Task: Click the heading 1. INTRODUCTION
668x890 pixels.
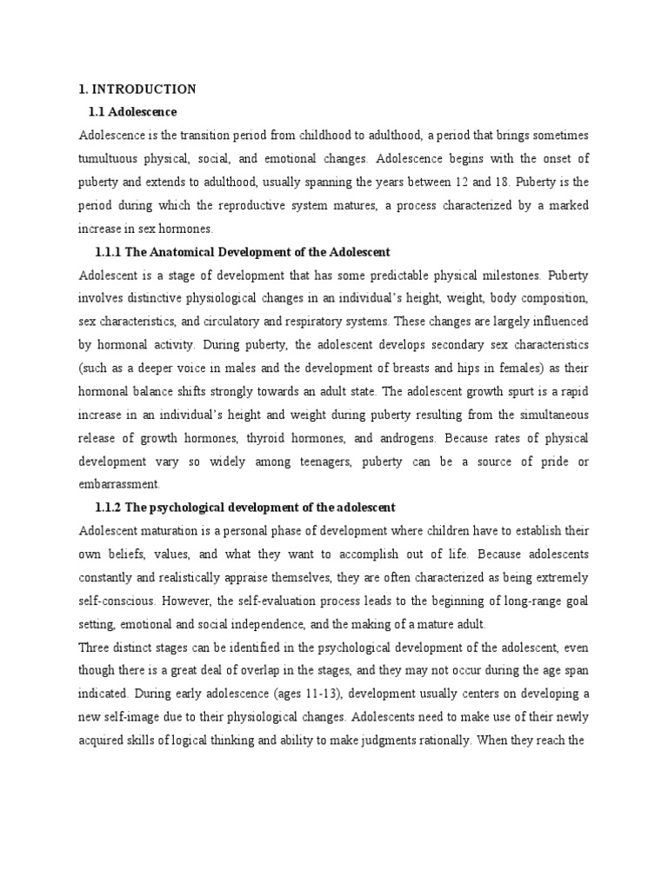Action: [x=137, y=90]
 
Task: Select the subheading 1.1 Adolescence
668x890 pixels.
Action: [x=132, y=112]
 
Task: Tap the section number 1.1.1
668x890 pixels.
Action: [x=110, y=252]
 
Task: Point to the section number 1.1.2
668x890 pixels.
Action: [x=110, y=507]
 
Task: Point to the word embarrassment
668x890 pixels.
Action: [x=118, y=484]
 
